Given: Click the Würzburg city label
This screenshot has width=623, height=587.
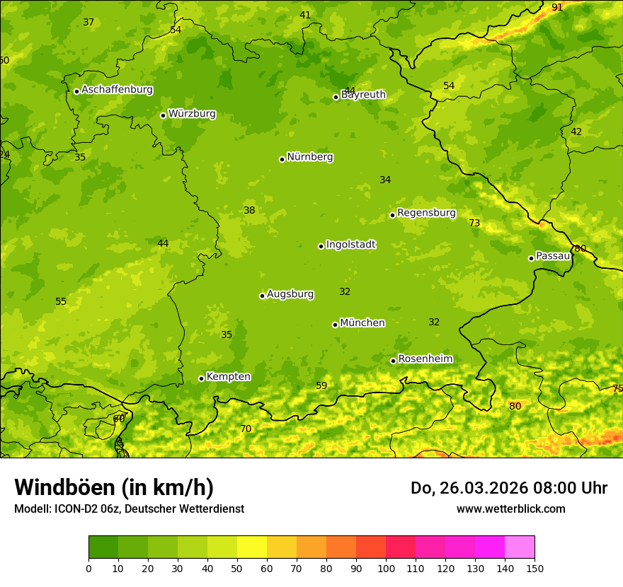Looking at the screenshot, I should pyautogui.click(x=192, y=114).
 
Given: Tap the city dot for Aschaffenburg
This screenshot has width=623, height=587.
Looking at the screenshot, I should pyautogui.click(x=76, y=91).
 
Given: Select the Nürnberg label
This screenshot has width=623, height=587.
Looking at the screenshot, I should pyautogui.click(x=309, y=157).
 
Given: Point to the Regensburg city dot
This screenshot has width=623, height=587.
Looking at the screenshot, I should pyautogui.click(x=392, y=215).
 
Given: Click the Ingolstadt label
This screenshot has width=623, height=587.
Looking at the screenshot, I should pyautogui.click(x=350, y=245).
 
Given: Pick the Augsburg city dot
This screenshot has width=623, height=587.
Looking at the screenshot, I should pyautogui.click(x=262, y=296).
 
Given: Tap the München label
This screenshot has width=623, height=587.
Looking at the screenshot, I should pyautogui.click(x=362, y=323).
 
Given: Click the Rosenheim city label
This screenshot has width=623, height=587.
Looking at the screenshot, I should pyautogui.click(x=425, y=359).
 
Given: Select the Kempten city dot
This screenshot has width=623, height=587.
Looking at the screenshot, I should pyautogui.click(x=201, y=378).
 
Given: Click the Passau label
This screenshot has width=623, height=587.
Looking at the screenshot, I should pyautogui.click(x=553, y=256).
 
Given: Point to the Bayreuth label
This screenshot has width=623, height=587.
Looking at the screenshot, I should pyautogui.click(x=363, y=95).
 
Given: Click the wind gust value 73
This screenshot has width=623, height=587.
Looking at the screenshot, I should pyautogui.click(x=474, y=223).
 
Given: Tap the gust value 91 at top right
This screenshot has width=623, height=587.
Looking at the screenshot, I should pyautogui.click(x=557, y=7).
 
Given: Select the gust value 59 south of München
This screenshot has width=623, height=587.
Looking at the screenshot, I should pyautogui.click(x=321, y=385).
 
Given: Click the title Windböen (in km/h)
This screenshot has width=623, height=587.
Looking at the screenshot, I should pyautogui.click(x=114, y=487).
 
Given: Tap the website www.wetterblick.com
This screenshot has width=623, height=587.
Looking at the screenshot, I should pyautogui.click(x=510, y=508).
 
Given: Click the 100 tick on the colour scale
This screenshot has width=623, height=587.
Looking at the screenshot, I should pyautogui.click(x=386, y=568).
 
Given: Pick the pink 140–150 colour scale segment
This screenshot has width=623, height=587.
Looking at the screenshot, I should pyautogui.click(x=520, y=547).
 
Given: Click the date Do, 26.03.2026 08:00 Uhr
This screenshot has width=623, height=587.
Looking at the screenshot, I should pyautogui.click(x=508, y=488).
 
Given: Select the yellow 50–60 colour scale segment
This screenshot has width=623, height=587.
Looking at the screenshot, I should pyautogui.click(x=252, y=547).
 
